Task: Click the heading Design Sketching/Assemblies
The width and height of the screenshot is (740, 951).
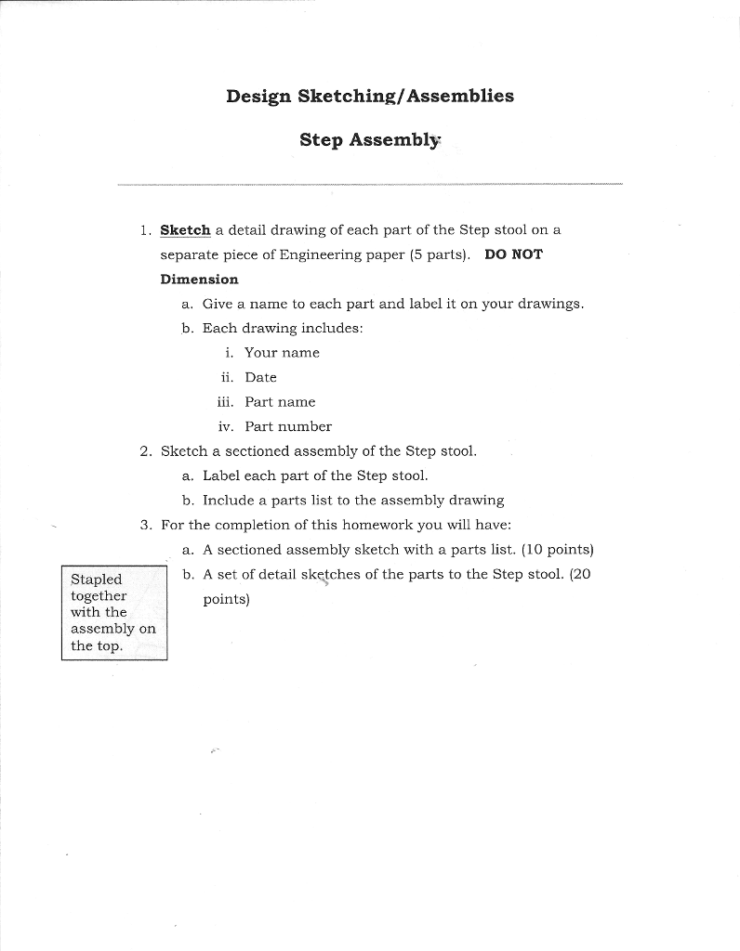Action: pyautogui.click(x=369, y=97)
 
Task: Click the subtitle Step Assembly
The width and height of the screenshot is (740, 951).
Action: pyautogui.click(x=369, y=140)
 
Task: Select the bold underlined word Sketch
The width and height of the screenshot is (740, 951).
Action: pyautogui.click(x=185, y=229)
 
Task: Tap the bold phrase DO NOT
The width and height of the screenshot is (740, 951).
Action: pyautogui.click(x=513, y=254)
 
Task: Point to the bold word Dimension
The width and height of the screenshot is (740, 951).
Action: pyautogui.click(x=199, y=280)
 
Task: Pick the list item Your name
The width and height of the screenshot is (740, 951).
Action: pyautogui.click(x=282, y=353)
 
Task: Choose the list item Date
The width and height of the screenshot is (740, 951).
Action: pyautogui.click(x=260, y=378)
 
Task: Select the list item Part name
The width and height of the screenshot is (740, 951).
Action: pyautogui.click(x=280, y=402)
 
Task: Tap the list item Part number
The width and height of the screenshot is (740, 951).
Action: pyautogui.click(x=288, y=427)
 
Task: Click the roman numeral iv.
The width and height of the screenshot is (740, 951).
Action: pyautogui.click(x=225, y=427)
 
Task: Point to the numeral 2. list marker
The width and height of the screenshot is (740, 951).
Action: pyautogui.click(x=146, y=451)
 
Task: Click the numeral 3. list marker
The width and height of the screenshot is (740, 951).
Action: pyautogui.click(x=146, y=525)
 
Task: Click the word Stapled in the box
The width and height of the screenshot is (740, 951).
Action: pyautogui.click(x=96, y=580)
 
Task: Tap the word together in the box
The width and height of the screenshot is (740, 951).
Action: pyautogui.click(x=99, y=596)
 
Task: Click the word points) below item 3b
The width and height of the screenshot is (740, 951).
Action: pyautogui.click(x=227, y=600)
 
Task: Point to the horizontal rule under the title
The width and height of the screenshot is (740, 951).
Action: pyautogui.click(x=370, y=185)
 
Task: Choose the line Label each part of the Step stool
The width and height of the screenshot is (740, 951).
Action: pyautogui.click(x=315, y=475)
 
